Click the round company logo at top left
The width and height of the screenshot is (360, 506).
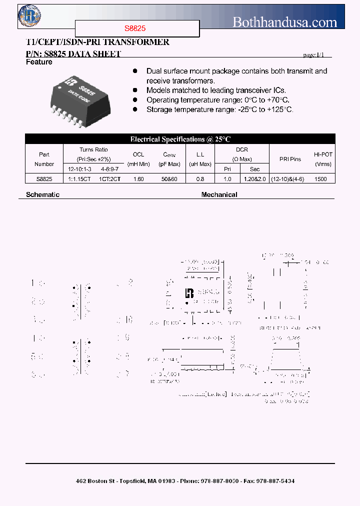tap(29, 15)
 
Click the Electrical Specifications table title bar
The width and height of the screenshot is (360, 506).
tap(180, 139)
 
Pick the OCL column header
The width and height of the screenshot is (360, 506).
tap(138, 155)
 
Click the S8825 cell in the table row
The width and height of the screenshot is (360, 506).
tap(44, 178)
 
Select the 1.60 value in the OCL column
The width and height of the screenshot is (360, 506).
tap(138, 178)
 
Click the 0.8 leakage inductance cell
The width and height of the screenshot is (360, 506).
tap(200, 178)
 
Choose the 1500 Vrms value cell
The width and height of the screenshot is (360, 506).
tap(321, 178)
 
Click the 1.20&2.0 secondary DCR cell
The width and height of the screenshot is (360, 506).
tap(255, 178)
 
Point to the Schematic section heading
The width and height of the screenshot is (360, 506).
tap(42, 194)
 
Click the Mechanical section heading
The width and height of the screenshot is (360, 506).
tap(219, 194)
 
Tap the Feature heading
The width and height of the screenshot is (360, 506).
tap(39, 62)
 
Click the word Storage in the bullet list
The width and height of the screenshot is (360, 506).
tap(159, 109)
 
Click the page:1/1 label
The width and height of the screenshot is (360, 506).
tap(317, 55)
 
